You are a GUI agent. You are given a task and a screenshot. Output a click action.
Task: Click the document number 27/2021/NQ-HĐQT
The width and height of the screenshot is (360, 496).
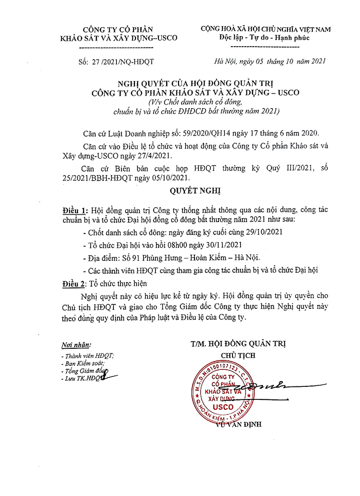point(124,62)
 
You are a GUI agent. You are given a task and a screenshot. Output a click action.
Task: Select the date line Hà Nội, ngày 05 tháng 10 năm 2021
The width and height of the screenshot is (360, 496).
point(269,62)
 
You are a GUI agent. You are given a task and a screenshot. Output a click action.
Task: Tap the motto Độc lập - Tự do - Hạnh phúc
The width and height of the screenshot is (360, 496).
point(265,38)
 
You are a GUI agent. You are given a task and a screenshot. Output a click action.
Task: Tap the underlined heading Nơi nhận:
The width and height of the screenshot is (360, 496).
point(76,345)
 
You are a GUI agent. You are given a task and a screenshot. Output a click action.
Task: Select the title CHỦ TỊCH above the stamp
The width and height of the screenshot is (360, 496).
point(238,355)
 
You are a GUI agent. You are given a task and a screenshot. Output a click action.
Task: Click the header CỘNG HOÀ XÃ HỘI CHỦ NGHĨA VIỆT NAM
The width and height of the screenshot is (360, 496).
point(265,30)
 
